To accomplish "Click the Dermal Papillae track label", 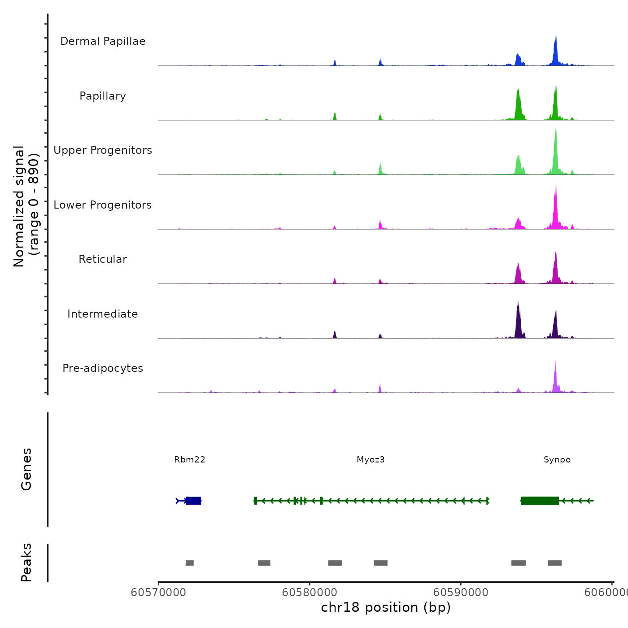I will point(103,41).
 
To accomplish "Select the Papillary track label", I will point(103,96).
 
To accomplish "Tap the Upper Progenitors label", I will point(103,150).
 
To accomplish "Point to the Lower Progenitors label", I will point(103,205).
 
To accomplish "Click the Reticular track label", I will point(103,259).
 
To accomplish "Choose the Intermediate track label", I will point(103,314).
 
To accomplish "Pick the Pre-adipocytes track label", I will point(103,368).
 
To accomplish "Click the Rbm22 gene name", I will point(190,460).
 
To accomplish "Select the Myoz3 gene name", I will point(371,460).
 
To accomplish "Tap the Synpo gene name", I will point(557,460).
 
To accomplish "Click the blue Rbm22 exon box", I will point(194,501).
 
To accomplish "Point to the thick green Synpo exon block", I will point(540,501).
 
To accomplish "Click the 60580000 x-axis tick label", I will point(310,593).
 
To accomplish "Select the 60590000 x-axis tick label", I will point(461,593).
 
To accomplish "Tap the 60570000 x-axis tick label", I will point(158,593).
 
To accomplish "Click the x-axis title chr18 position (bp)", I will point(386,608).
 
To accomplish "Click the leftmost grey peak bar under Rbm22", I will point(190,563).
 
